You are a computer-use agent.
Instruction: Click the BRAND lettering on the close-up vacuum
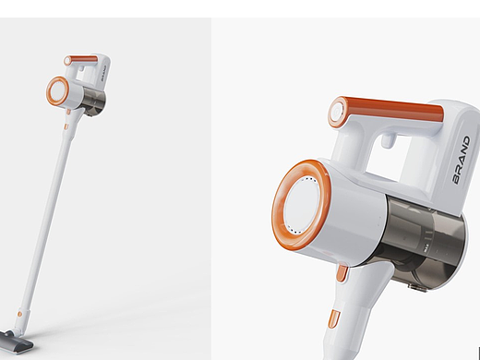[462, 160]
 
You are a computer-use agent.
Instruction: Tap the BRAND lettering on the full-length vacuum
[103, 72]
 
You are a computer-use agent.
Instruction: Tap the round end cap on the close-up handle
[338, 112]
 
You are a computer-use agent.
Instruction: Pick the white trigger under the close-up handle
[388, 139]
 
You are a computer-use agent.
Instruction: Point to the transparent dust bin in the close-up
[425, 243]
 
